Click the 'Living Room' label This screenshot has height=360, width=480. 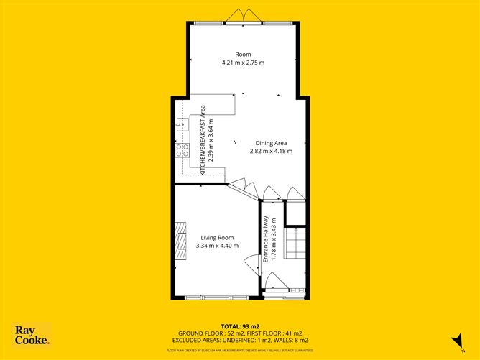coord(216,238)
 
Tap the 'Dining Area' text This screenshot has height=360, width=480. coord(271,143)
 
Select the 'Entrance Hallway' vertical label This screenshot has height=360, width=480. coord(266,239)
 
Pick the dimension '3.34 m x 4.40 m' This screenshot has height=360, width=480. coord(216,246)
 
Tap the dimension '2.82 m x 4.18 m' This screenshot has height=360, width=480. coord(271,151)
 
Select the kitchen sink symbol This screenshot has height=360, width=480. coord(180,126)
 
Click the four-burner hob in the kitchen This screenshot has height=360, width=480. coord(182,150)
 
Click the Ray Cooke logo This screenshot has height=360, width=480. coord(32,334)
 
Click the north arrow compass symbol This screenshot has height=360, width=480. coord(454,338)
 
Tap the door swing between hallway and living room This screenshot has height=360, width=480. coord(251,264)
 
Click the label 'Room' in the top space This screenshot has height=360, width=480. coord(243,54)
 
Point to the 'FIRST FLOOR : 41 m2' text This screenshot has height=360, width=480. coord(271,333)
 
